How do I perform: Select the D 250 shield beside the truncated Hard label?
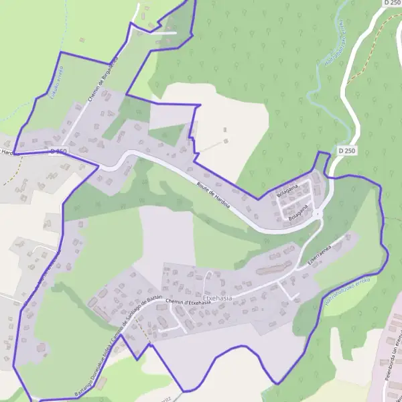tap(58, 151)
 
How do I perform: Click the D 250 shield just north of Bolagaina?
tap(346, 150)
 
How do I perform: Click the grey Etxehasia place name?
tap(217, 297)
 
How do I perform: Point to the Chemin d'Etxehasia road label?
tap(188, 302)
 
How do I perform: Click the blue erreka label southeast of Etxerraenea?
tap(347, 295)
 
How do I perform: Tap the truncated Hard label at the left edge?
tap(6, 152)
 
